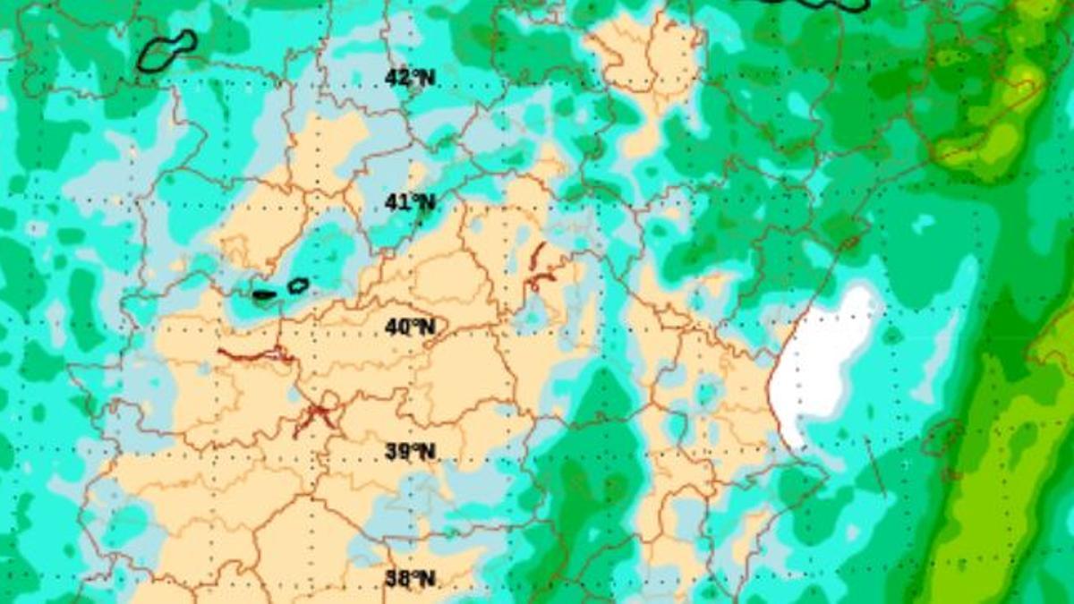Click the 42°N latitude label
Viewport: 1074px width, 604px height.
pyautogui.click(x=410, y=78)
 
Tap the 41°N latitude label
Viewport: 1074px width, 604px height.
pyautogui.click(x=410, y=203)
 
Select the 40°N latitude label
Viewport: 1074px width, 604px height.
pyautogui.click(x=410, y=328)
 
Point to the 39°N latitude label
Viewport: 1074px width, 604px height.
pyautogui.click(x=410, y=452)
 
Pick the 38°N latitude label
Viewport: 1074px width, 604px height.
pyautogui.click(x=410, y=579)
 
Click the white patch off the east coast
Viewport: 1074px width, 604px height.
pyautogui.click(x=822, y=358)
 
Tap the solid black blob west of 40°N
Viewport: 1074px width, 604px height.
pyautogui.click(x=264, y=294)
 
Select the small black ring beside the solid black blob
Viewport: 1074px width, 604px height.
pyautogui.click(x=298, y=286)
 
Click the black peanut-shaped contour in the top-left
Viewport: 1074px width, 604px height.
pyautogui.click(x=167, y=51)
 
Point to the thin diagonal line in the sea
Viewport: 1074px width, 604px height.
pyautogui.click(x=875, y=465)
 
